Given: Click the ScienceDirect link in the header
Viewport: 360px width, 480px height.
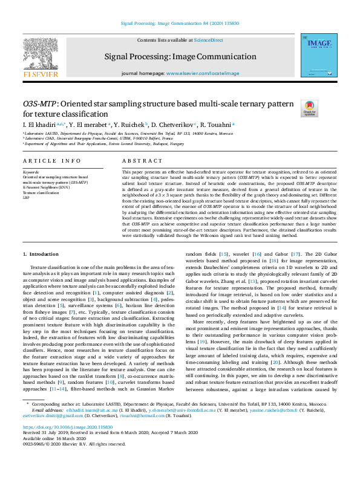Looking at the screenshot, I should coord(208,40).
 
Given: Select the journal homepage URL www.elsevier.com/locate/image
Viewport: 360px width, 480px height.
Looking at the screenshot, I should coord(198,73).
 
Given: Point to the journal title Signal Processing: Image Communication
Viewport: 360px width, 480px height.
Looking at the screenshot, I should coord(180,57).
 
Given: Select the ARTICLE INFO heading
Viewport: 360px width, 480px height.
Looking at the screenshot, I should coord(51,161).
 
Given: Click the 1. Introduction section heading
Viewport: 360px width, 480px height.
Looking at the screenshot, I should coord(41,255).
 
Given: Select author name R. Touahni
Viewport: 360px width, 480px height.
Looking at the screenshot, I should coord(215,125).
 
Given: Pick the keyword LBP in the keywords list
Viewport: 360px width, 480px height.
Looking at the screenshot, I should coord(26,197).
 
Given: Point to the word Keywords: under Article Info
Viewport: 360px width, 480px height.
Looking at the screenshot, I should coord(31,172).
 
